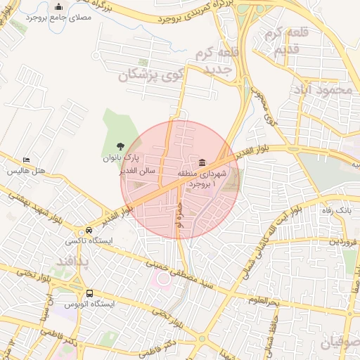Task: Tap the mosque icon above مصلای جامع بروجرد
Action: pyautogui.click(x=58, y=7)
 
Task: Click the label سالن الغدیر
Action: pyautogui.click(x=137, y=170)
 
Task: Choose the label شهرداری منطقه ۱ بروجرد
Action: pyautogui.click(x=202, y=178)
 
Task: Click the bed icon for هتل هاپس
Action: pyautogui.click(x=27, y=161)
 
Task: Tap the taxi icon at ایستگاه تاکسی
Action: pyautogui.click(x=89, y=231)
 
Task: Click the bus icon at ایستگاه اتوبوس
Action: pyautogui.click(x=89, y=294)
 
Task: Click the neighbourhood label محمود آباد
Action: pyautogui.click(x=323, y=89)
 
